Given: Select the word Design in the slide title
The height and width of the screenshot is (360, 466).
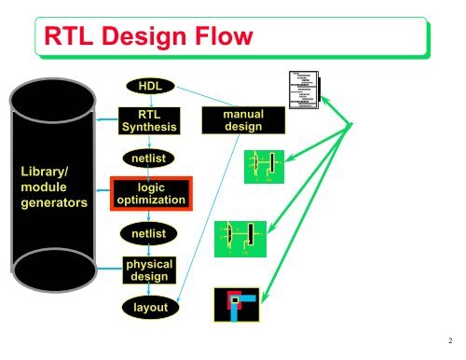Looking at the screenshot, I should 144,38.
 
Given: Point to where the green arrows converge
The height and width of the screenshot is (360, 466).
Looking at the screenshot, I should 349,127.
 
